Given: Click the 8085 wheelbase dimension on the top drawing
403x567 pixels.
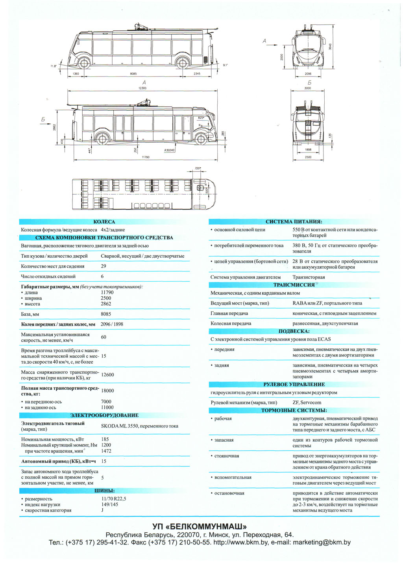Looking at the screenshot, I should (133, 74).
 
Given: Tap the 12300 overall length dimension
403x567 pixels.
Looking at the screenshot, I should (142, 88).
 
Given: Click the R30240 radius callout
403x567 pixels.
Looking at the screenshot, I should (170, 150).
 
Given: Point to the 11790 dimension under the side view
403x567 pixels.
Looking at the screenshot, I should (146, 157).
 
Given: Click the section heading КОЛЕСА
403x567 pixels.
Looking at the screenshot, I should (104, 222).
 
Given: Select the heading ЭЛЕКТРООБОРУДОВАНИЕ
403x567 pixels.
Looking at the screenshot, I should (104, 415).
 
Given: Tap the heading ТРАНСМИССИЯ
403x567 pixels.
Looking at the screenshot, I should (294, 285).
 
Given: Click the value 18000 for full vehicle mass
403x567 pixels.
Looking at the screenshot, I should (107, 391).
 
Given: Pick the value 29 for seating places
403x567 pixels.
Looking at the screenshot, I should (104, 266).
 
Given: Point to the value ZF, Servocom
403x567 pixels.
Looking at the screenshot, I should (307, 403).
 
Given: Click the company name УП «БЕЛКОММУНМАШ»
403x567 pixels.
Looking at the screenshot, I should (200, 526).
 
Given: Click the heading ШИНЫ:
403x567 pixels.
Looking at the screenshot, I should (104, 491).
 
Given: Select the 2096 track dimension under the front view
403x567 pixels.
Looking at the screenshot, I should (308, 74).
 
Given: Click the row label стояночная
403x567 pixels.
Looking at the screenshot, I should (227, 456).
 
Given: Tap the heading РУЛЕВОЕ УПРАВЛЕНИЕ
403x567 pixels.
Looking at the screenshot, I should (294, 385).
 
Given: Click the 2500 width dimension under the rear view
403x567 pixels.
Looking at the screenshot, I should (308, 157).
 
